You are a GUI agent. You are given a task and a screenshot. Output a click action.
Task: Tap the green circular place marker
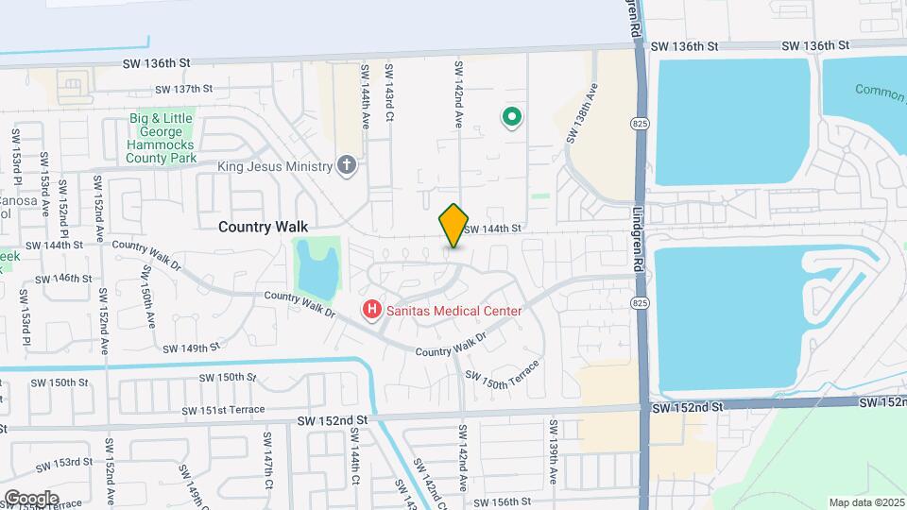511,117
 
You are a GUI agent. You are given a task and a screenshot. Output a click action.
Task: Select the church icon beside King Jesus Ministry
348,166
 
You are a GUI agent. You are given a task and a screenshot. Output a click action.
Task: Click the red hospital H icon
372,309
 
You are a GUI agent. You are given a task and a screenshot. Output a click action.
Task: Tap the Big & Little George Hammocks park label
162,138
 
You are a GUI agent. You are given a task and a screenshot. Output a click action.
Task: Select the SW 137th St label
175,89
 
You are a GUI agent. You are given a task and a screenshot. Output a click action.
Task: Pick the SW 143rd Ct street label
387,93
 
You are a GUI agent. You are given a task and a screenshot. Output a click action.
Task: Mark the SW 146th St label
64,280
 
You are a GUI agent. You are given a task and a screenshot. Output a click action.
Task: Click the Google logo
31,498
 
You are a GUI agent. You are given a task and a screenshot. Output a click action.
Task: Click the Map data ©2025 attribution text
866,502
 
